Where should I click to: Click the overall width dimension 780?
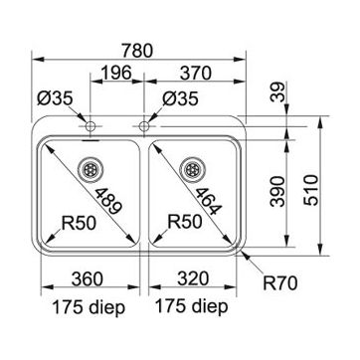[137, 51]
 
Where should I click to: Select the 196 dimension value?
[116, 73]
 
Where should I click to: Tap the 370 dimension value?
[195, 73]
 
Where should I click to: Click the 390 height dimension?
[277, 192]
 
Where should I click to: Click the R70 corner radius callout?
[280, 283]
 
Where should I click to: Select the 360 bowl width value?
[87, 278]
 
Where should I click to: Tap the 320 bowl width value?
[193, 278]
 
